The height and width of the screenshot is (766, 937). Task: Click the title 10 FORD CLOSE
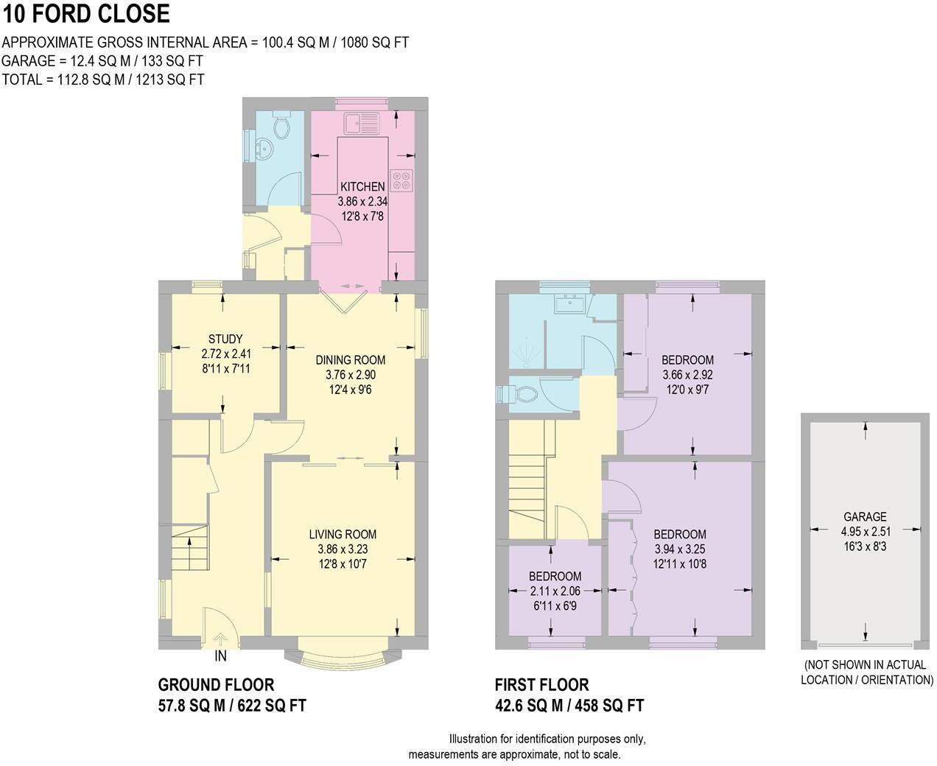click(x=86, y=13)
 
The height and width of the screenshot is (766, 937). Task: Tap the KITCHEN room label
click(x=362, y=186)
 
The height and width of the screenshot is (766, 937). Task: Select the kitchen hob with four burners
click(x=402, y=181)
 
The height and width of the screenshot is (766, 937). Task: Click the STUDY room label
click(x=225, y=339)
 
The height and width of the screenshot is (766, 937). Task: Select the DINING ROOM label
click(x=351, y=360)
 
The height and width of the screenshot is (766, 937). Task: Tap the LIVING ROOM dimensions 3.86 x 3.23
click(x=343, y=549)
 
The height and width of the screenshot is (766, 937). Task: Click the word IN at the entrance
click(x=221, y=656)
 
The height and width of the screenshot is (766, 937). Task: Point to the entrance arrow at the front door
click(x=220, y=639)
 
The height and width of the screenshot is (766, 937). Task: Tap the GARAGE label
click(x=865, y=517)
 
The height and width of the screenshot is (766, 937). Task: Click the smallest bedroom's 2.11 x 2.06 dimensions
click(x=555, y=590)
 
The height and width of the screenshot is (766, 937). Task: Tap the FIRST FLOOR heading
click(x=541, y=685)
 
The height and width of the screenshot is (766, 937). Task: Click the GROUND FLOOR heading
click(x=216, y=685)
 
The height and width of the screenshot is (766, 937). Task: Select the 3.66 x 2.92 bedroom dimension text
click(x=687, y=374)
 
